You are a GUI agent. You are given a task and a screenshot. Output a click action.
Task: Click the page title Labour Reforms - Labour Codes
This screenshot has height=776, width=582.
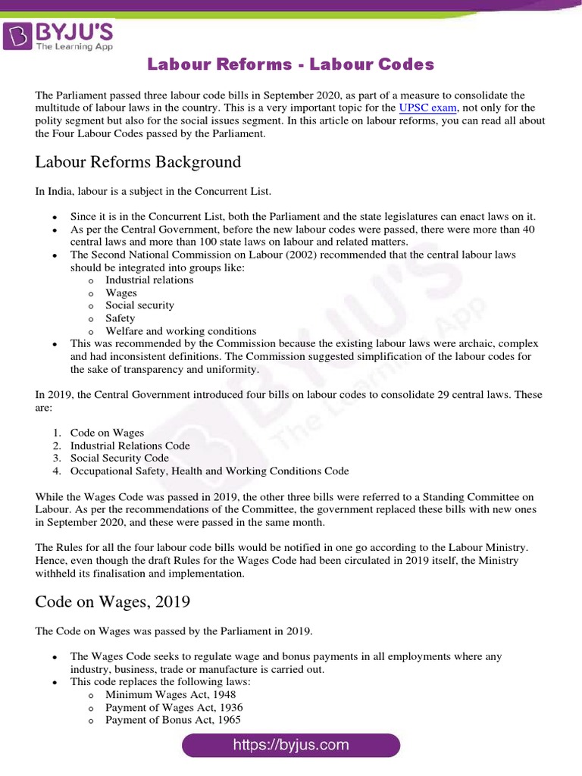pos(291,64)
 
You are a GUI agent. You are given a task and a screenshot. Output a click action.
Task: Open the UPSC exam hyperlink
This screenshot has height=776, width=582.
pos(427,108)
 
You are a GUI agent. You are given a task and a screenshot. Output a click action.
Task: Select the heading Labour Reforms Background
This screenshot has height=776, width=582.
pos(138,162)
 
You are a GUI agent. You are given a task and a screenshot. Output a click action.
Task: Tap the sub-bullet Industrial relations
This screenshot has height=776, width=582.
pos(149,280)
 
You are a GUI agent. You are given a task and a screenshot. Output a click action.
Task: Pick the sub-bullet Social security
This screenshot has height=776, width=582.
pos(139,305)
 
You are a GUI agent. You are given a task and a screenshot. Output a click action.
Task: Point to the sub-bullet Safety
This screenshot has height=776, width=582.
pos(120,318)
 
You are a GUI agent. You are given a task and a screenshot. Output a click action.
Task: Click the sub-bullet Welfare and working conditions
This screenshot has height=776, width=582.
pos(180,331)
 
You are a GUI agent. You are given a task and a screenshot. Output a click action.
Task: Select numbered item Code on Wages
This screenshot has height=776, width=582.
pos(107,433)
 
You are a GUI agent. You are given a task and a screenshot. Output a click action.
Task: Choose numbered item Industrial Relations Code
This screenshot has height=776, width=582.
pos(130,446)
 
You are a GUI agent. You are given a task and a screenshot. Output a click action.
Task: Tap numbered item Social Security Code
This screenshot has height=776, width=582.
pos(119,458)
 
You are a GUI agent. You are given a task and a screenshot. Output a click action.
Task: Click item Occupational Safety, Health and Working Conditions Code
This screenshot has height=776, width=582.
pos(209,471)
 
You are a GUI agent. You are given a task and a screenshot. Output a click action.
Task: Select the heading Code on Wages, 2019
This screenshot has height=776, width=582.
pos(113,602)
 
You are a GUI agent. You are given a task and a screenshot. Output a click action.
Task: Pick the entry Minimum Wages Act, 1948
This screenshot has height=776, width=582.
pos(170,694)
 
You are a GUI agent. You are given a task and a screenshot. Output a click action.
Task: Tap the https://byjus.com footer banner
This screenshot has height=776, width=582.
pos(291,745)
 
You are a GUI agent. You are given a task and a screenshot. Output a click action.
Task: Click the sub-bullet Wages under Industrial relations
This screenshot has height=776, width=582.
pos(121,293)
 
